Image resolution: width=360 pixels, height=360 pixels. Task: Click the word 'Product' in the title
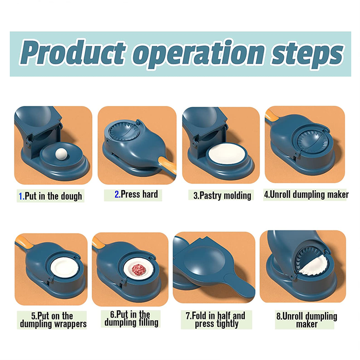[x=73, y=53]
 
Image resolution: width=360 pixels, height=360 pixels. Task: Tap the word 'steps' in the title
[x=308, y=55]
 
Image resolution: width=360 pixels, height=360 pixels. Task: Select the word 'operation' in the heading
[x=199, y=55]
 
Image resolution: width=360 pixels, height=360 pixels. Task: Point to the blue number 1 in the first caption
[x=21, y=196]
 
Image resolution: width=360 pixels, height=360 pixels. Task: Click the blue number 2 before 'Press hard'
[x=117, y=194]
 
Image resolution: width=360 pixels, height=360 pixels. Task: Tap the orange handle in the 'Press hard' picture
[x=168, y=165]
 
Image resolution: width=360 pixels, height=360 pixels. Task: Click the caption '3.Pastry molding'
[x=222, y=196]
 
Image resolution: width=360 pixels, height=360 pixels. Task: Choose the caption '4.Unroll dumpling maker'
[x=307, y=195]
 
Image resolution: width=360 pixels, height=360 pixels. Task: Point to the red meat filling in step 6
[x=139, y=268]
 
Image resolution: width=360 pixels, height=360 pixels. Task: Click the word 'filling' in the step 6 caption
[x=147, y=322]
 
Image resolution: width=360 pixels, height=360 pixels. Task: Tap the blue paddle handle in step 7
[x=240, y=285]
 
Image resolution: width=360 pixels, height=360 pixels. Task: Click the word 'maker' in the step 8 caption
[x=307, y=325]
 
